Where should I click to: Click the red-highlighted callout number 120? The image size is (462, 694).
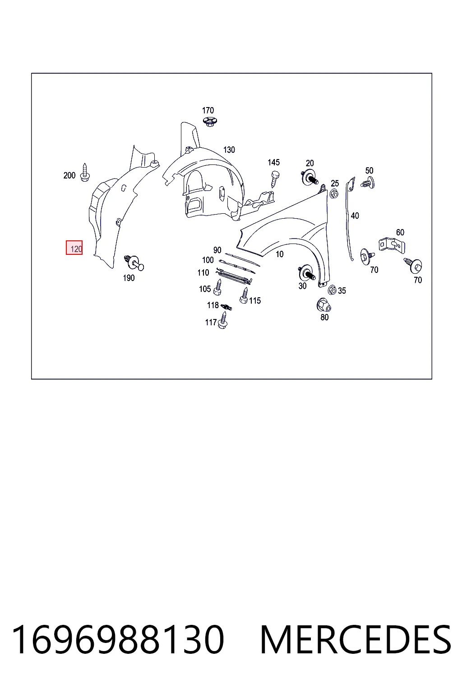(x=74, y=248)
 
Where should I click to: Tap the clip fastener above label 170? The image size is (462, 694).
(x=209, y=122)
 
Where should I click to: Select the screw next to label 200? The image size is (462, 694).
(x=84, y=173)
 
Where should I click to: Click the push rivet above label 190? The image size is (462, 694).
(x=134, y=263)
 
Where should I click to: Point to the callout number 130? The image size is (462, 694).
(x=229, y=150)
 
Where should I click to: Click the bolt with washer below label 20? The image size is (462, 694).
(x=310, y=178)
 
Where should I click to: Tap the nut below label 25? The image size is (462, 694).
(x=333, y=194)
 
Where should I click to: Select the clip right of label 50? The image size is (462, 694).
(x=368, y=183)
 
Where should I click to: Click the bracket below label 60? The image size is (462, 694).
(x=392, y=245)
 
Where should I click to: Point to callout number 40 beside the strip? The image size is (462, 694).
(x=355, y=216)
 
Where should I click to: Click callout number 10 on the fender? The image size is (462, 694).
(x=279, y=254)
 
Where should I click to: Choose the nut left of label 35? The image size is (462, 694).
(x=332, y=290)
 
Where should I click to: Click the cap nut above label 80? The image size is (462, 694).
(x=323, y=305)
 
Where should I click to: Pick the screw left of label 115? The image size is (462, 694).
(x=244, y=295)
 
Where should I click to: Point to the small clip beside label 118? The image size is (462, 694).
(x=226, y=307)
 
